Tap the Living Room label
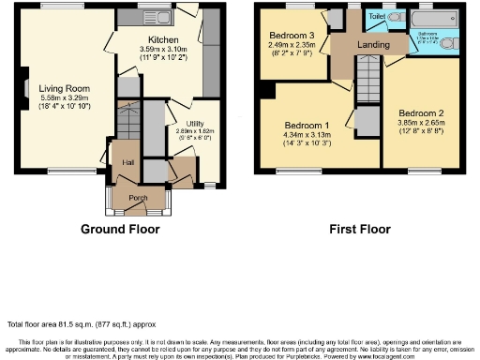(52, 90)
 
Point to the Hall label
(127, 162)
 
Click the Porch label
(138, 198)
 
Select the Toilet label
(378, 17)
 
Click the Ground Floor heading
(119, 230)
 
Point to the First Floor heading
(359, 230)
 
